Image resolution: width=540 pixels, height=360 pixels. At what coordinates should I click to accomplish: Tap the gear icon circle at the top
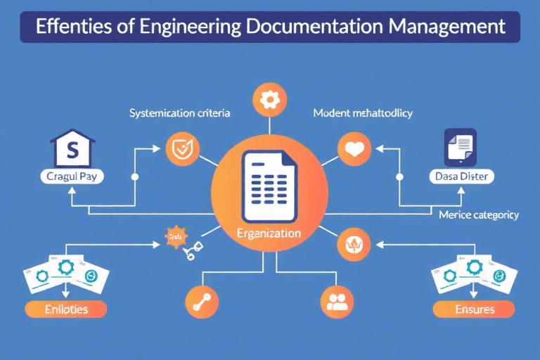pos(269,100)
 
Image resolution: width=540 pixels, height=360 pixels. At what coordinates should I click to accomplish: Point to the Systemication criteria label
pos(180,112)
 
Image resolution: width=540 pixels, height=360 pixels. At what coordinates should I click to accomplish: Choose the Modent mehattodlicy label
pos(361,112)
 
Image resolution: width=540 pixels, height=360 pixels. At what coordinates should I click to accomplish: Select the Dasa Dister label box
pos(461,178)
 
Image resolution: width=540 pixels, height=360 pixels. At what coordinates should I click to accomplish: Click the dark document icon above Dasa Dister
pos(461,146)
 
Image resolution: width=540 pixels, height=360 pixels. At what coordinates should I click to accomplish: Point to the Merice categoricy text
pos(478,214)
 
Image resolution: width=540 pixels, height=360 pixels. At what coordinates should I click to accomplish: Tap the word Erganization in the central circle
pos(270,233)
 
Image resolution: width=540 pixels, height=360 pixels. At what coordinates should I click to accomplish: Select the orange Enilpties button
pos(65,309)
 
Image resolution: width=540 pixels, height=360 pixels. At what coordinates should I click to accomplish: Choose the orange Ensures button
pos(474,309)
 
